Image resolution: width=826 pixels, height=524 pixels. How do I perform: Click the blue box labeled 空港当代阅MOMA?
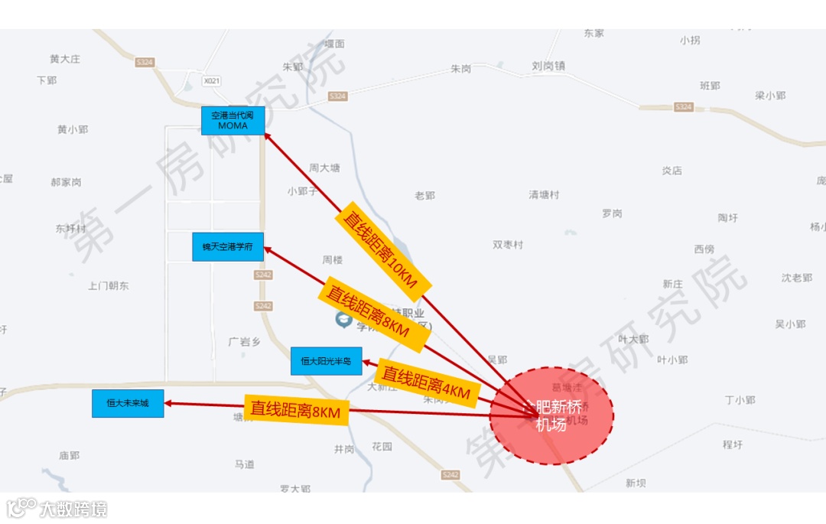(x=233, y=120)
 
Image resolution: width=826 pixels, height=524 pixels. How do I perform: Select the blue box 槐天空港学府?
(x=227, y=246)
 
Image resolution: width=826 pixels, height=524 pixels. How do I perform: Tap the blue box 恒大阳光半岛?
(x=326, y=361)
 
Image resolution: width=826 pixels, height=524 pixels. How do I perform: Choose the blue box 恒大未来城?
(x=128, y=403)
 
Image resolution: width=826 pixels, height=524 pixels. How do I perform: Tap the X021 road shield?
(x=212, y=80)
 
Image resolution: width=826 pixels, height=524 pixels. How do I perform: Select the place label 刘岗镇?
(x=548, y=67)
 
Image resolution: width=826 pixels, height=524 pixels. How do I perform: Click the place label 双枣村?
(x=508, y=245)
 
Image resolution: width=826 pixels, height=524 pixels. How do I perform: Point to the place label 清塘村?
(x=544, y=195)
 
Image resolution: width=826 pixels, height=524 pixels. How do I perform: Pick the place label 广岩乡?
(x=245, y=342)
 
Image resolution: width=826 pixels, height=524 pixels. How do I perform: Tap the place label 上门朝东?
(x=109, y=285)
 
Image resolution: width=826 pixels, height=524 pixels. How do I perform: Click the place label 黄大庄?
(x=65, y=59)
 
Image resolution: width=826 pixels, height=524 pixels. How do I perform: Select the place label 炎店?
(x=672, y=171)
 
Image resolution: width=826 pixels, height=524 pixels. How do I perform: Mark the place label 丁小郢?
(x=740, y=400)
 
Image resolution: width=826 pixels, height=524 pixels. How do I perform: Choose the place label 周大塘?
(x=324, y=168)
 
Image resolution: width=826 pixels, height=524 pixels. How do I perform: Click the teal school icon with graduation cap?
(x=343, y=318)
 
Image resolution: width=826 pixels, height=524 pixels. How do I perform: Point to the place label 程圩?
(x=733, y=444)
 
